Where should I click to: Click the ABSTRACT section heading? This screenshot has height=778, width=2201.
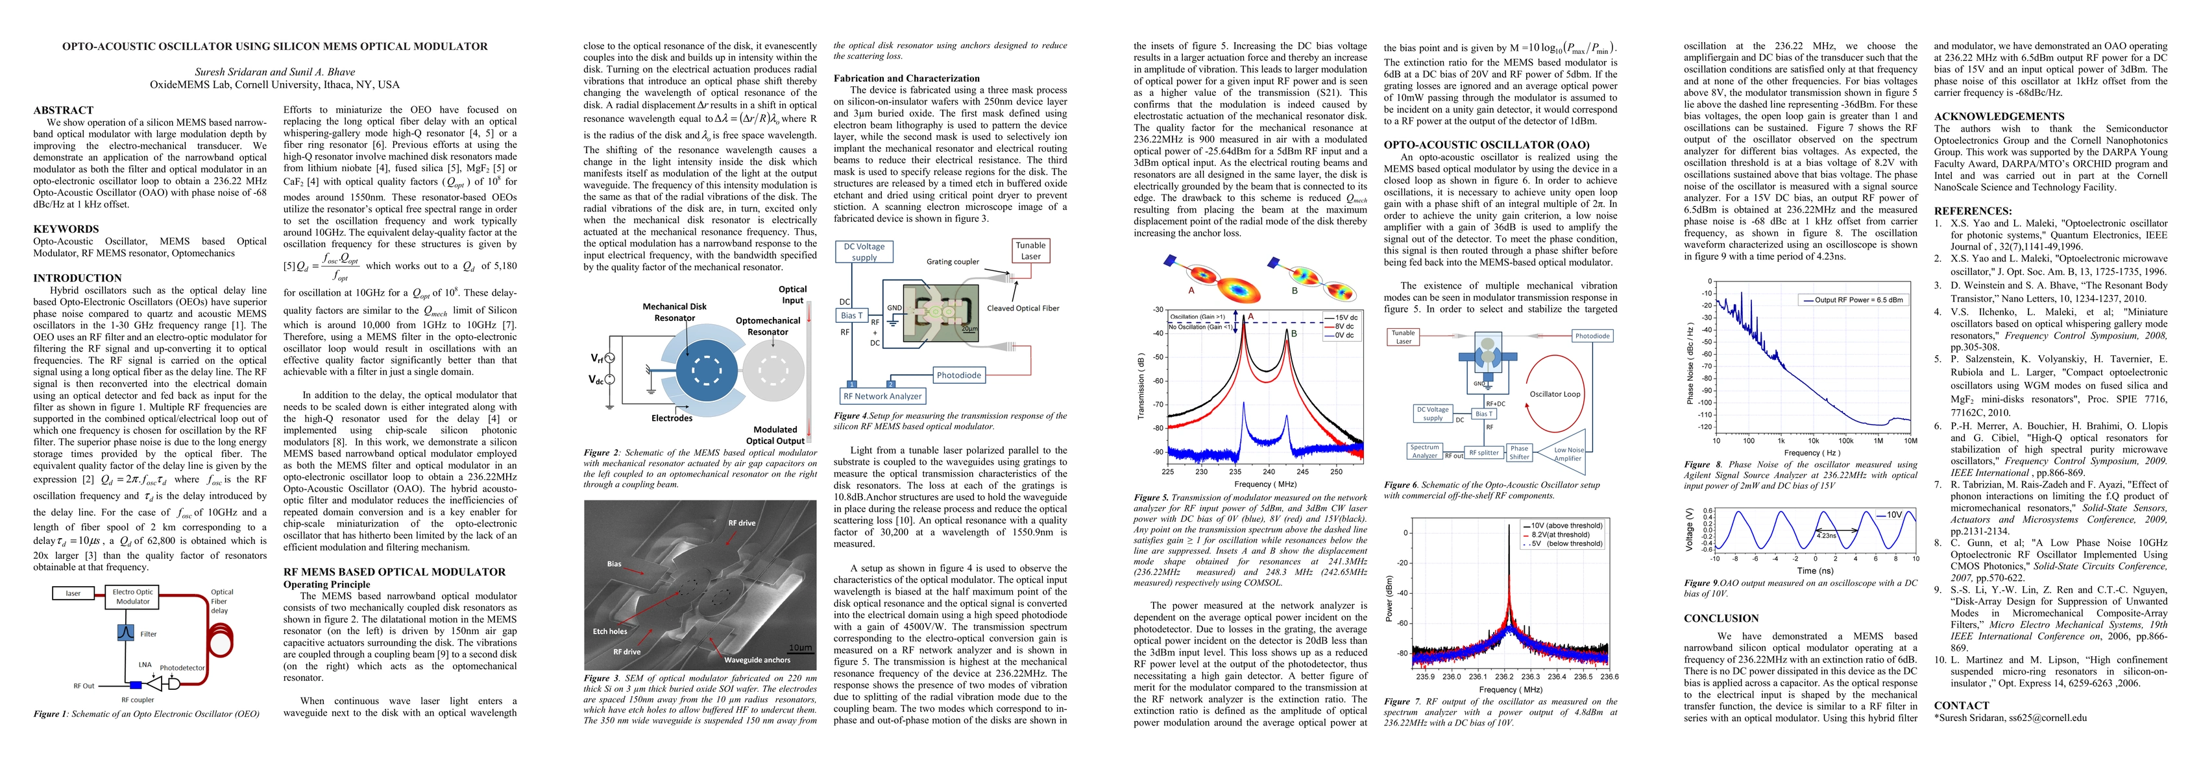coord(63,110)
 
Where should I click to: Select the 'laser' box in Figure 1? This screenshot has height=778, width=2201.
coord(73,593)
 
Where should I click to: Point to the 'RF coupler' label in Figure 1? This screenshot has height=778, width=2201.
coord(138,700)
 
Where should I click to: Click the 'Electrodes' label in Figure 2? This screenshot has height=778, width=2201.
coord(672,418)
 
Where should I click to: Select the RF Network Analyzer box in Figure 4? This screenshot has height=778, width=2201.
coord(882,396)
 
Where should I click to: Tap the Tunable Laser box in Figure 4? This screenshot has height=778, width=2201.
coord(1030,250)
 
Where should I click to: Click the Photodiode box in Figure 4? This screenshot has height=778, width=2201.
coord(958,375)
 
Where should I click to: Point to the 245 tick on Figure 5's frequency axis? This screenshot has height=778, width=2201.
coord(1302,471)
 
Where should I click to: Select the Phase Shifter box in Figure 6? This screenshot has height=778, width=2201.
coord(1519,453)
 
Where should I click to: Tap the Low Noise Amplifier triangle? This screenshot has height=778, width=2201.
coord(1566,453)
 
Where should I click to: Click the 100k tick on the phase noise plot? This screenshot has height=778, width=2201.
coord(1845,442)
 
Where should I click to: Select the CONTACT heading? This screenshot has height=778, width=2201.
coord(1961,705)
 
